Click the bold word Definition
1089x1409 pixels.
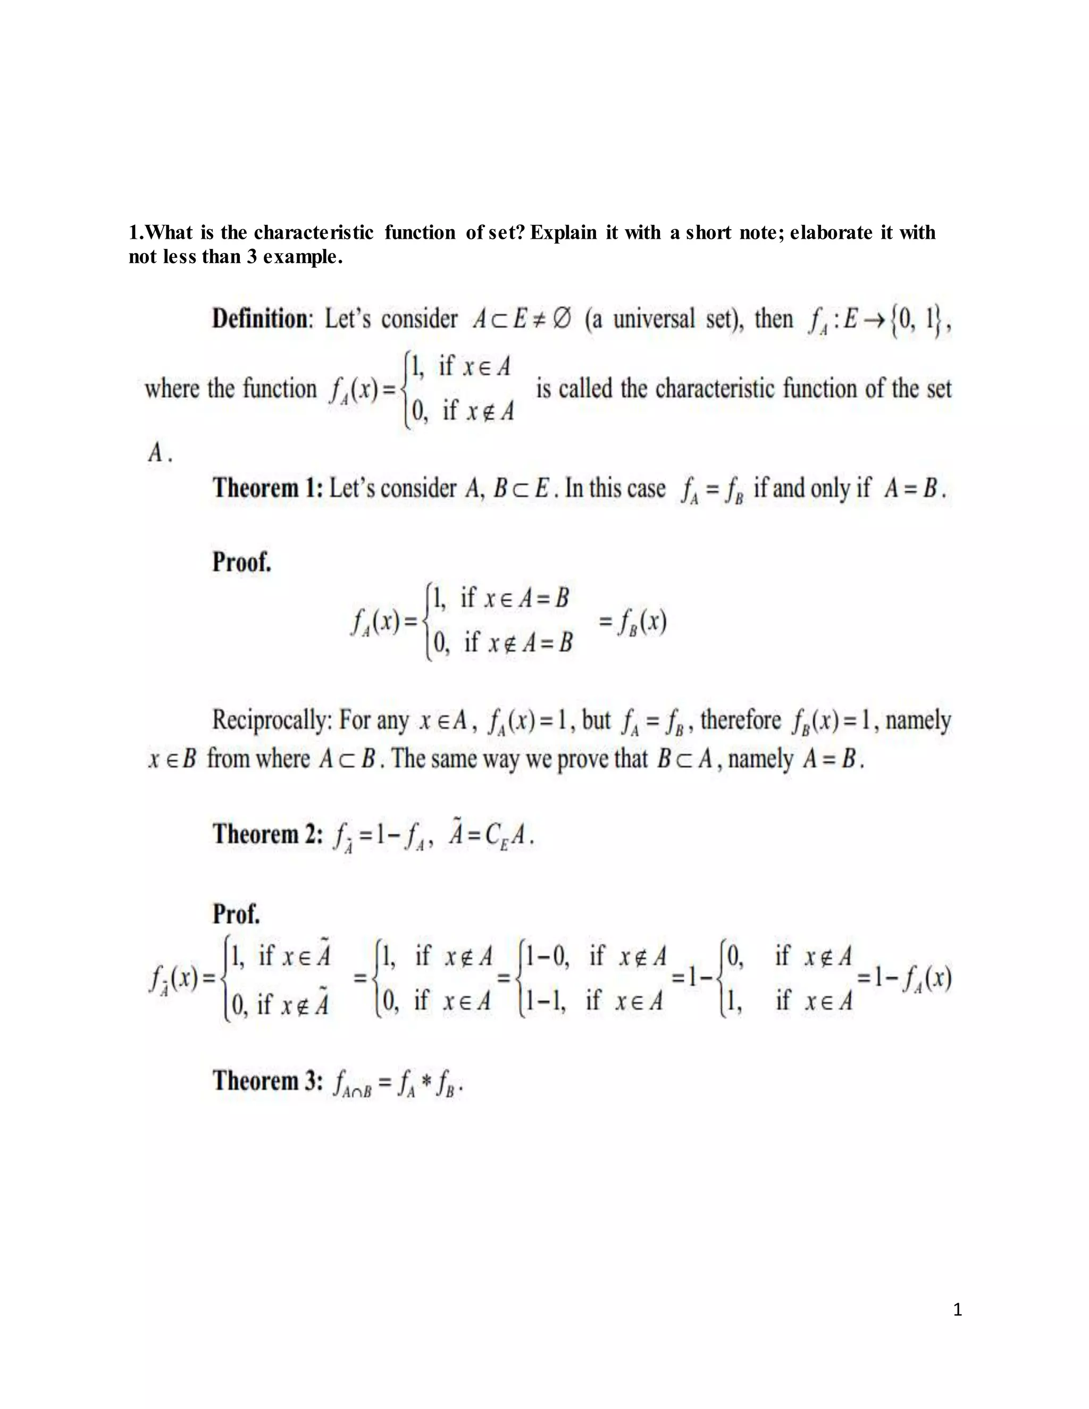pos(261,320)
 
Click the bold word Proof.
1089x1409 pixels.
pos(242,563)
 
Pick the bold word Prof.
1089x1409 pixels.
pos(236,914)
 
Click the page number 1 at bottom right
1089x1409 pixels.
pos(957,1310)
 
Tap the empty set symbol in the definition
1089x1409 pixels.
pos(562,320)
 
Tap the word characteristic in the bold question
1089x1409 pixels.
pos(314,232)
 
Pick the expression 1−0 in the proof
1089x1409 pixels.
pos(547,956)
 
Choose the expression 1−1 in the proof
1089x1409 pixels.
pos(546,1001)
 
